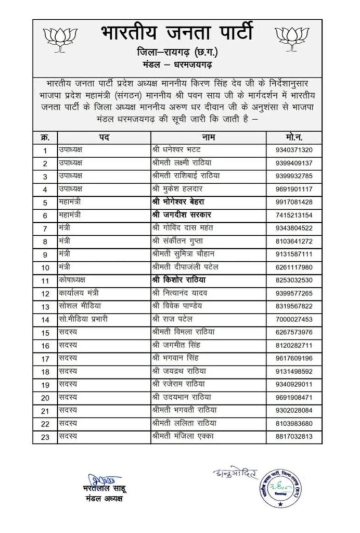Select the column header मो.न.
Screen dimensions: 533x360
[294, 137]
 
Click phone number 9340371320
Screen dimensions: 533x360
[294, 150]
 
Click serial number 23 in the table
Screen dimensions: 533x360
[45, 436]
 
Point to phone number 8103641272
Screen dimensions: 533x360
[294, 240]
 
